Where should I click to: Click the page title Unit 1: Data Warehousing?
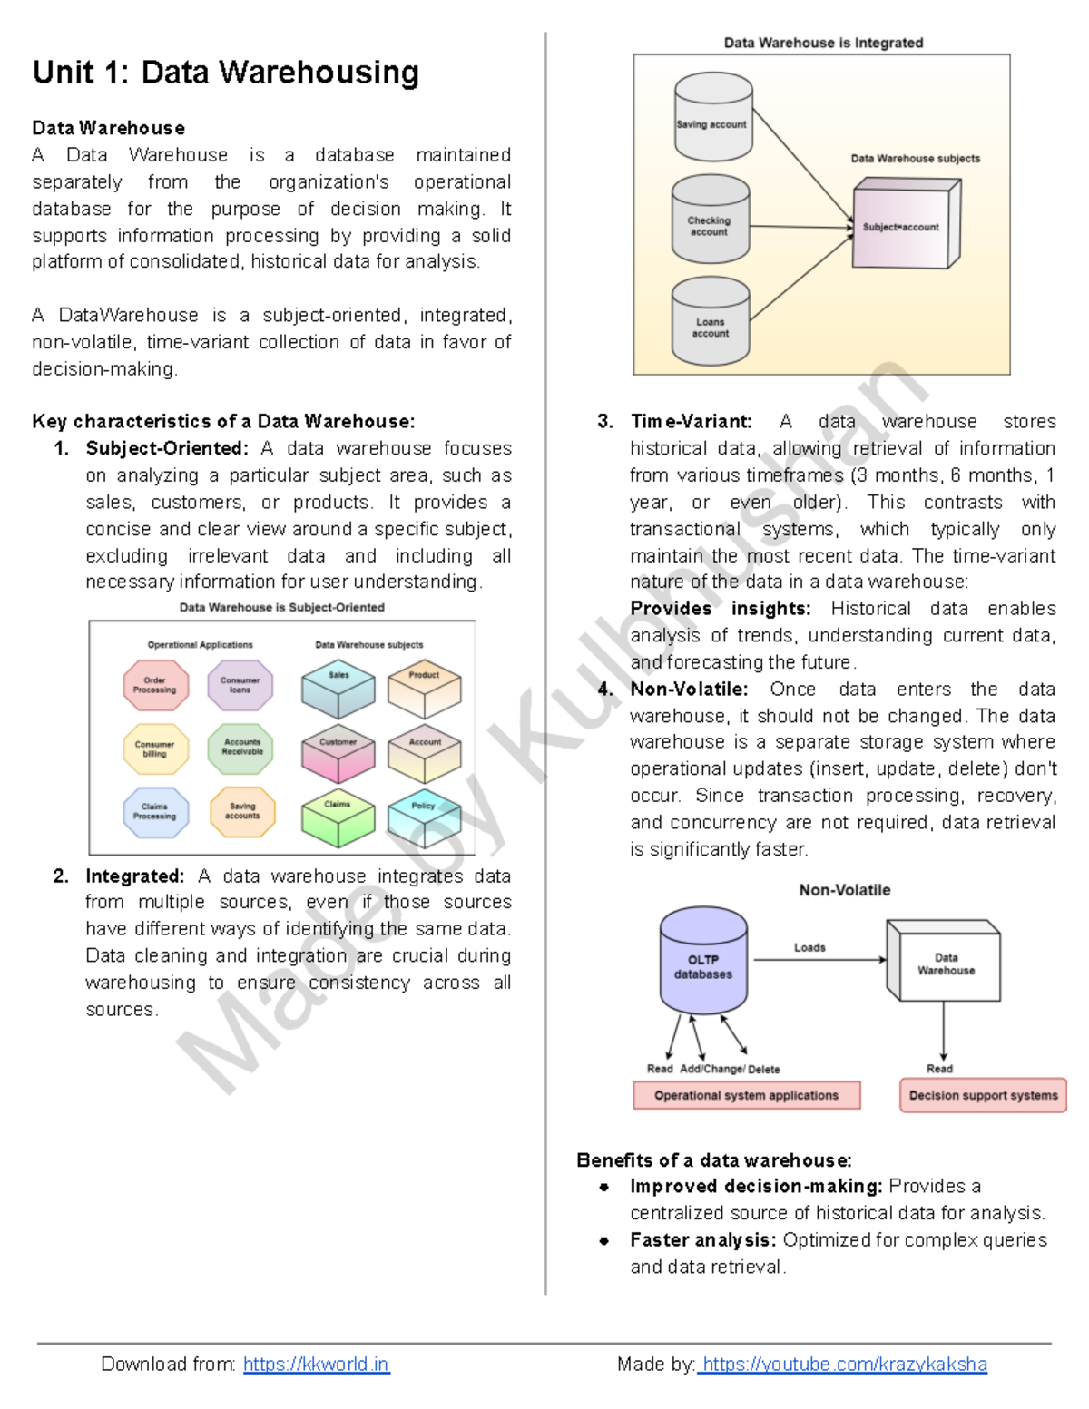(226, 72)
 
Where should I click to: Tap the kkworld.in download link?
(316, 1364)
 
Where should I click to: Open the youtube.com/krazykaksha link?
(844, 1364)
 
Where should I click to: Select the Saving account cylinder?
(713, 118)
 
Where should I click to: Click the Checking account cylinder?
(710, 220)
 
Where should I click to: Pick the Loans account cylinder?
(711, 321)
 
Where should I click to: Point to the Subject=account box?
(903, 226)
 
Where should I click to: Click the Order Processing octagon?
(155, 685)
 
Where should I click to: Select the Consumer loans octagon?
(240, 685)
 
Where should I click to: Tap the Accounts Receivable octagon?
(240, 748)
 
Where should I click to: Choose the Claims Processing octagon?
(155, 811)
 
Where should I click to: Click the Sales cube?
(338, 690)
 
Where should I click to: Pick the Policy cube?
(424, 817)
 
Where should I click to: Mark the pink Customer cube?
(338, 753)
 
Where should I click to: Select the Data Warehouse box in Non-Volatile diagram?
(946, 964)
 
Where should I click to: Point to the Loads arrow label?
(809, 947)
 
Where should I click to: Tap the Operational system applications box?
(746, 1095)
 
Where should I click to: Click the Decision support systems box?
(983, 1095)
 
